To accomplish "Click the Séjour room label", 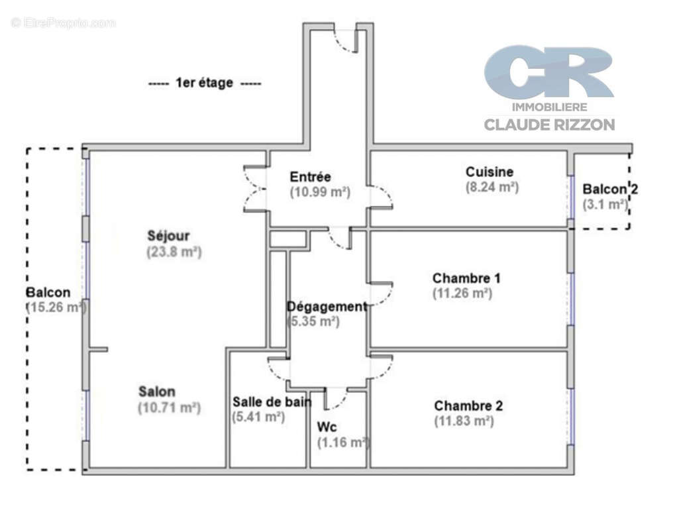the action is [168, 236].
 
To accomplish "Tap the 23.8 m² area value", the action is [174, 251].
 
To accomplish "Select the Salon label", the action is [157, 392].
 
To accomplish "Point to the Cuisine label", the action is [490, 172].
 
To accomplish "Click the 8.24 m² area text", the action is [492, 187].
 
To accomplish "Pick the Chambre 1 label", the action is [466, 278].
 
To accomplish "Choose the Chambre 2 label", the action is [468, 406].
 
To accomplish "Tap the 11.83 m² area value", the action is [464, 421].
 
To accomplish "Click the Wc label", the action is [327, 427].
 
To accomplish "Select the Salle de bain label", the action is [272, 402].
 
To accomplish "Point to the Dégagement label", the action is [327, 307].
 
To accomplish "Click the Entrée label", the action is [311, 177].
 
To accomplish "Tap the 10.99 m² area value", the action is [320, 191].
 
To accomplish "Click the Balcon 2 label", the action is [610, 189].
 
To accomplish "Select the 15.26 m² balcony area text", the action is [56, 307].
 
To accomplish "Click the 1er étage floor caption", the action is [204, 83].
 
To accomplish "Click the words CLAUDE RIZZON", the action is [549, 125].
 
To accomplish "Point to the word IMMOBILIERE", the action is [550, 107].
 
